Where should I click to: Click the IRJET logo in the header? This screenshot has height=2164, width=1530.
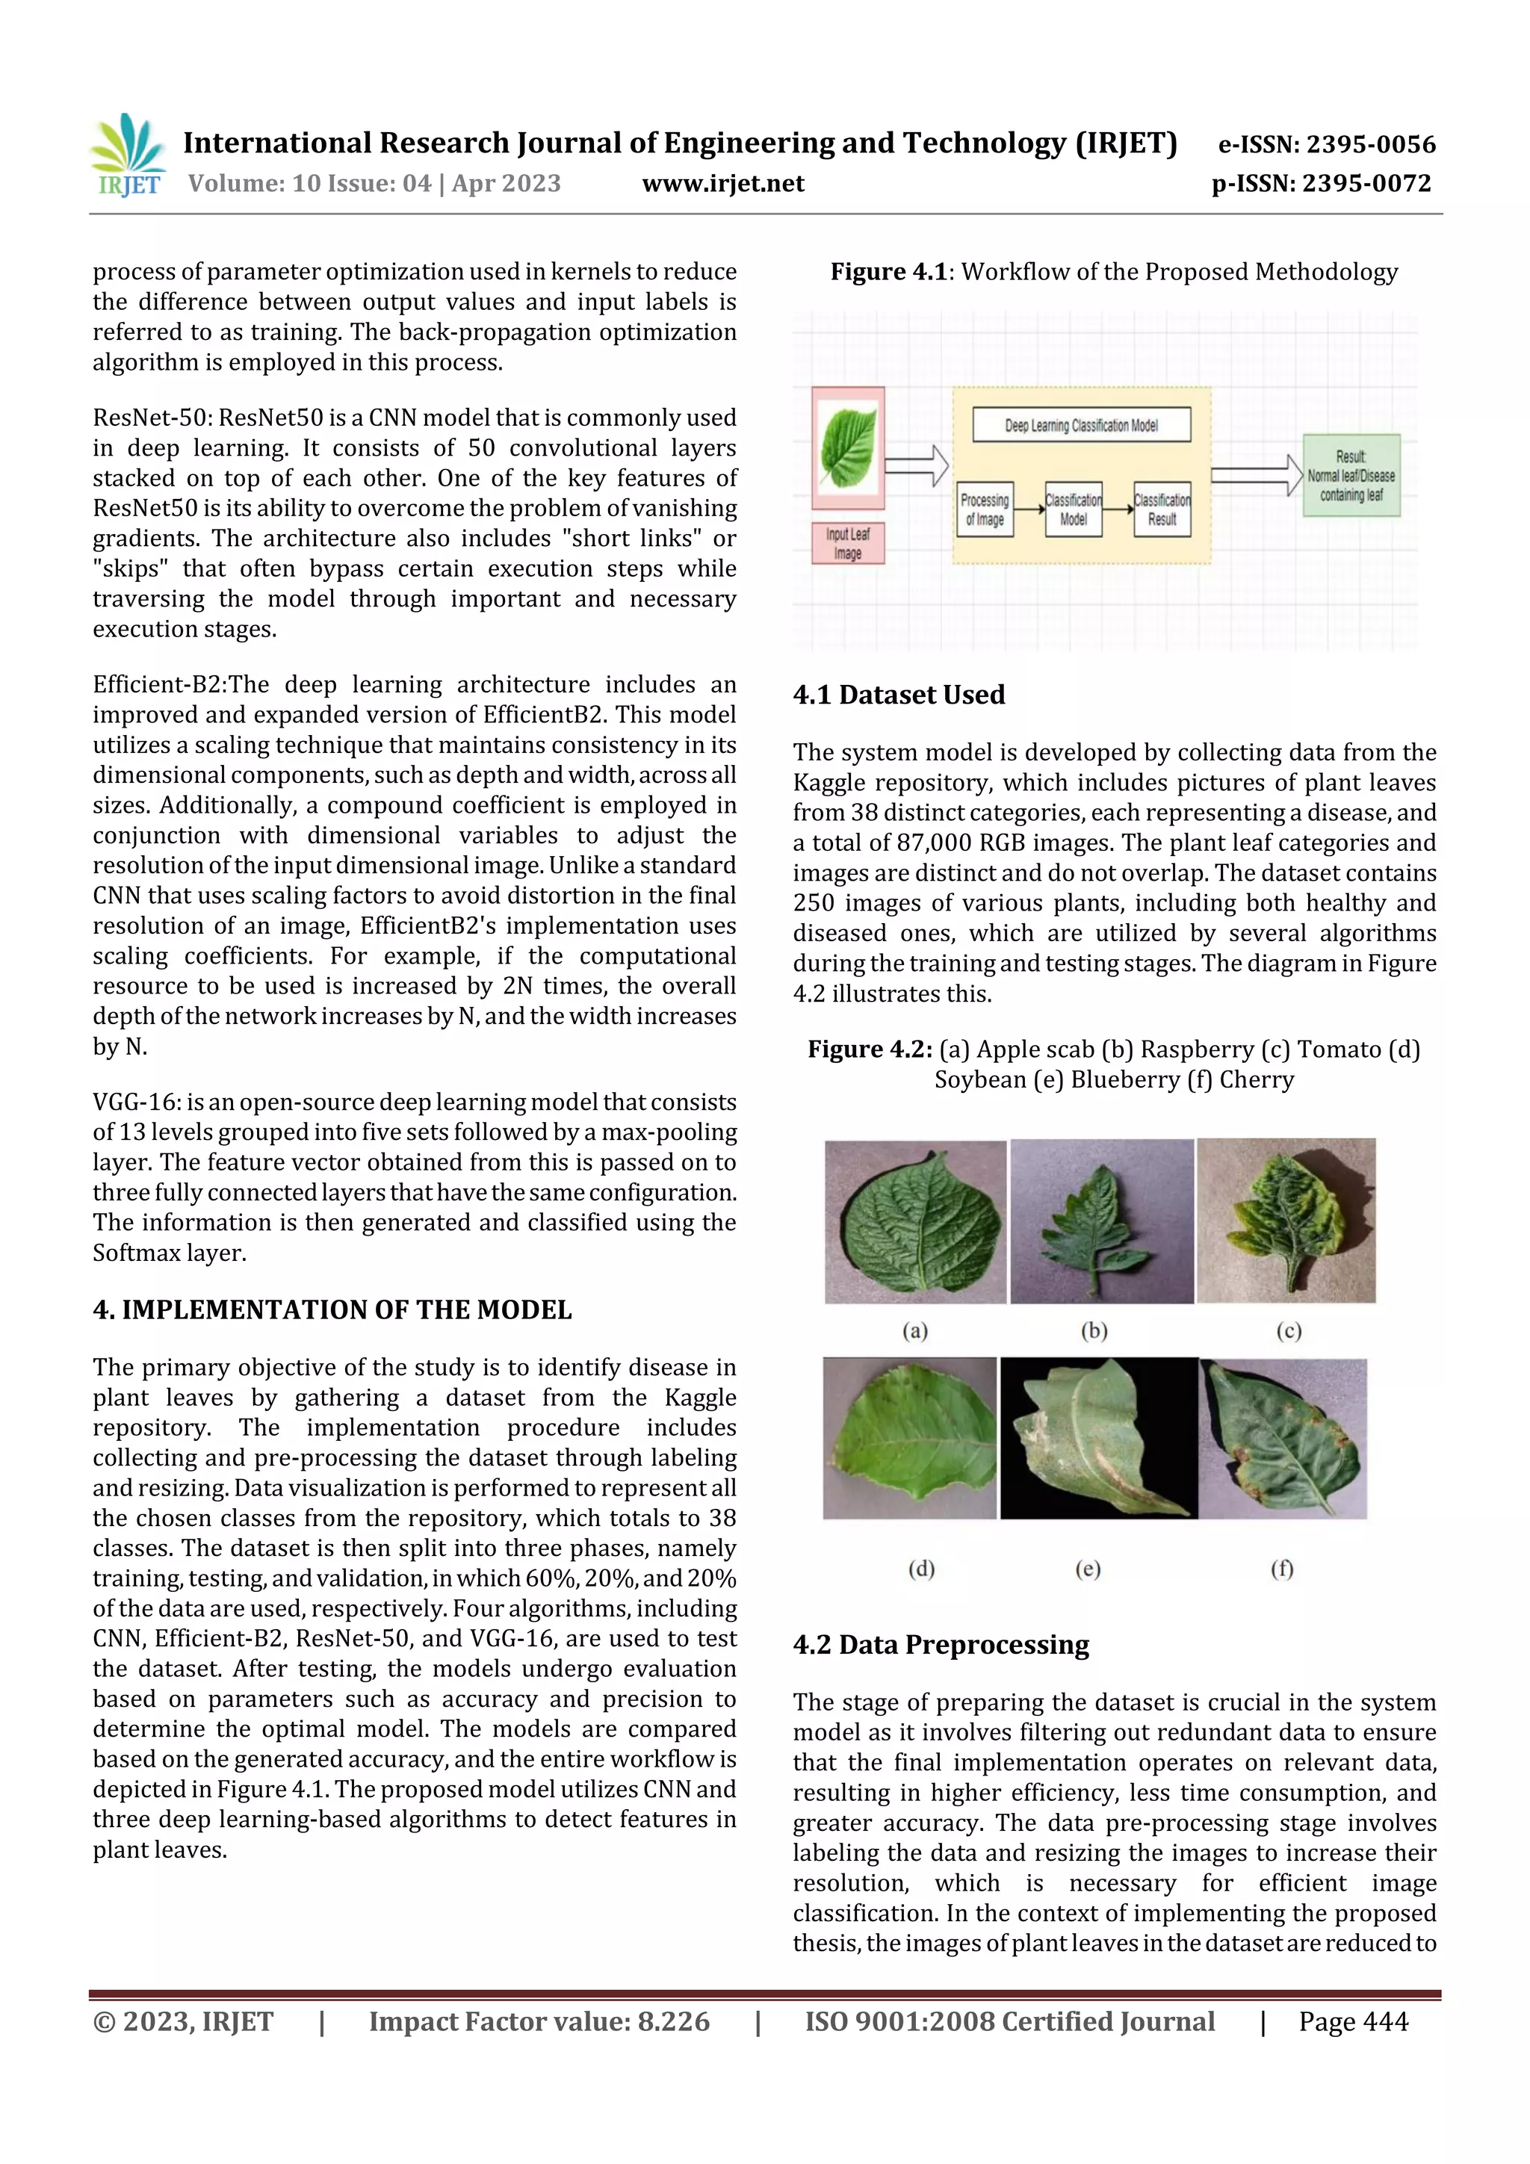tap(128, 155)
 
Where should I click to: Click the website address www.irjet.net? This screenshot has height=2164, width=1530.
tap(723, 184)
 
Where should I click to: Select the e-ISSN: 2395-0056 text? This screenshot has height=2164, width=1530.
tap(1326, 144)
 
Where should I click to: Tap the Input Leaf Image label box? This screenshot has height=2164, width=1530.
tap(847, 544)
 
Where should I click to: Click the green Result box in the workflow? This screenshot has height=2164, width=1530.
tap(1351, 476)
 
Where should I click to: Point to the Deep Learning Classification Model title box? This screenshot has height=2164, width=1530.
tap(1080, 425)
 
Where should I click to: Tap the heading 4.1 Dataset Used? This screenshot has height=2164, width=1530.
tap(899, 695)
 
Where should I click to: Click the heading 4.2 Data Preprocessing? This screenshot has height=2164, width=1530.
tap(940, 1645)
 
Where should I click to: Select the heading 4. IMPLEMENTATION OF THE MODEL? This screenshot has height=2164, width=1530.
tap(332, 1310)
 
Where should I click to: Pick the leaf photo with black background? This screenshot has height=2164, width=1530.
tap(1098, 1438)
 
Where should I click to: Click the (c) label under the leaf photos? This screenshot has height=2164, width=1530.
tap(1289, 1331)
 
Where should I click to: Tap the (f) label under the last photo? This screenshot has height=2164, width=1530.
tap(1281, 1569)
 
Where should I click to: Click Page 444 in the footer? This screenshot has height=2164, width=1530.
tap(1353, 2021)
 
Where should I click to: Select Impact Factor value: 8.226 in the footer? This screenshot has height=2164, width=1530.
tap(539, 2021)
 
